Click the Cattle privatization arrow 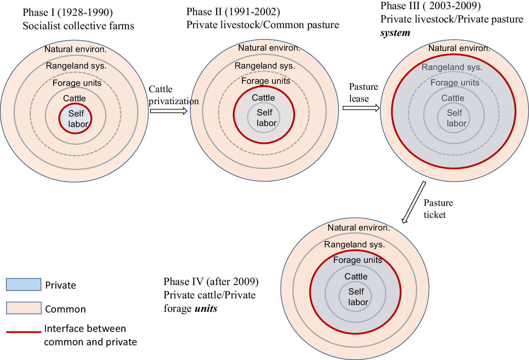pyautogui.click(x=168, y=111)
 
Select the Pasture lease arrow pyautogui.click(x=361, y=108)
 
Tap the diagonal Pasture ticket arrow pyautogui.click(x=414, y=202)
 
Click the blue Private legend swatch pyautogui.click(x=24, y=284)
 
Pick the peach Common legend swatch pyautogui.click(x=24, y=308)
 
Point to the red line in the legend pyautogui.click(x=24, y=331)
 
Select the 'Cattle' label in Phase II pyautogui.click(x=263, y=98)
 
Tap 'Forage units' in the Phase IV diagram pyautogui.click(x=357, y=260)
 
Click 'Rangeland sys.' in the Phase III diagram pyautogui.click(x=452, y=67)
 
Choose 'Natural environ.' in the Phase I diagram pyautogui.click(x=75, y=49)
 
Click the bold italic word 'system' pyautogui.click(x=395, y=33)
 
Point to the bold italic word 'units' pyautogui.click(x=206, y=309)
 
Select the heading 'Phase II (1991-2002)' pyautogui.click(x=233, y=12)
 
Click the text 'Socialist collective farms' pyautogui.click(x=78, y=26)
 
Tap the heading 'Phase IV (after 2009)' pyautogui.click(x=211, y=282)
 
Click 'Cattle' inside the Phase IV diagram pyautogui.click(x=356, y=277)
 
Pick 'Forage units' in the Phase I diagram pyautogui.click(x=77, y=83)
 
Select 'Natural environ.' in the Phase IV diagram pyautogui.click(x=359, y=228)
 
